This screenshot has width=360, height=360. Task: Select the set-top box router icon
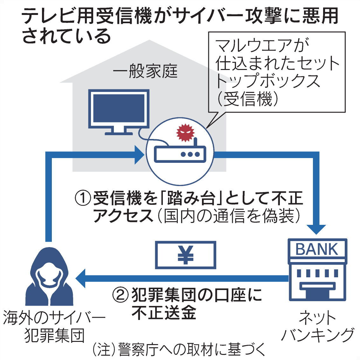(x=180, y=154)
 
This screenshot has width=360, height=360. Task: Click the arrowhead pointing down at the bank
(x=317, y=229)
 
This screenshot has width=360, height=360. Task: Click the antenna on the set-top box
(x=195, y=144)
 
